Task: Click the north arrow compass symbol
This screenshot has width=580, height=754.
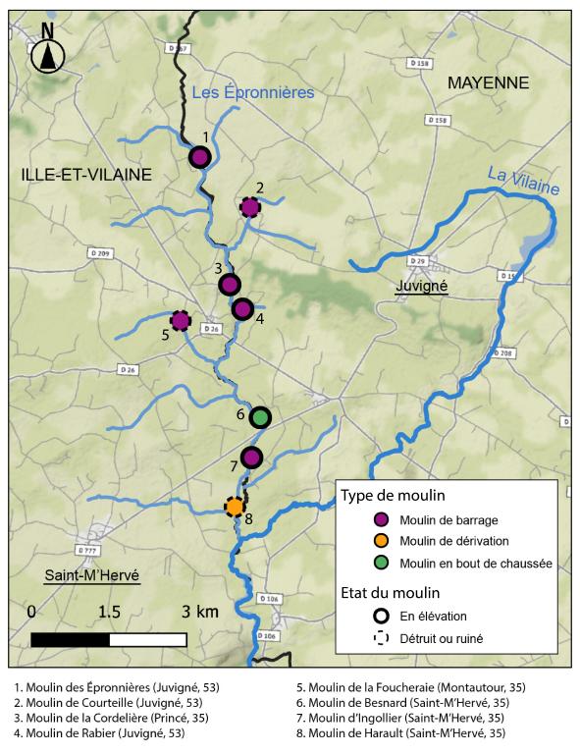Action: [47, 57]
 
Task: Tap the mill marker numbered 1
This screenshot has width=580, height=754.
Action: [199, 157]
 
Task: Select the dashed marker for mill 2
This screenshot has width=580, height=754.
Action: [250, 206]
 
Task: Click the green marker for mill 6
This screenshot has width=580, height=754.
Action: [260, 417]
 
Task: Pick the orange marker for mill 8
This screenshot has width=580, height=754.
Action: [235, 507]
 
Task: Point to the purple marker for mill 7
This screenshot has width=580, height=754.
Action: [251, 458]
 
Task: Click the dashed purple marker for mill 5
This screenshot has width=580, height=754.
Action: [181, 320]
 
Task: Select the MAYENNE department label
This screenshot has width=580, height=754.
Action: [488, 82]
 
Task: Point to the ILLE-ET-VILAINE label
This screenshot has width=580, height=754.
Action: [86, 175]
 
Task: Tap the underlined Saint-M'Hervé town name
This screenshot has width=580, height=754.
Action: [91, 574]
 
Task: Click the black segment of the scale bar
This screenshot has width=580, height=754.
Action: [70, 639]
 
